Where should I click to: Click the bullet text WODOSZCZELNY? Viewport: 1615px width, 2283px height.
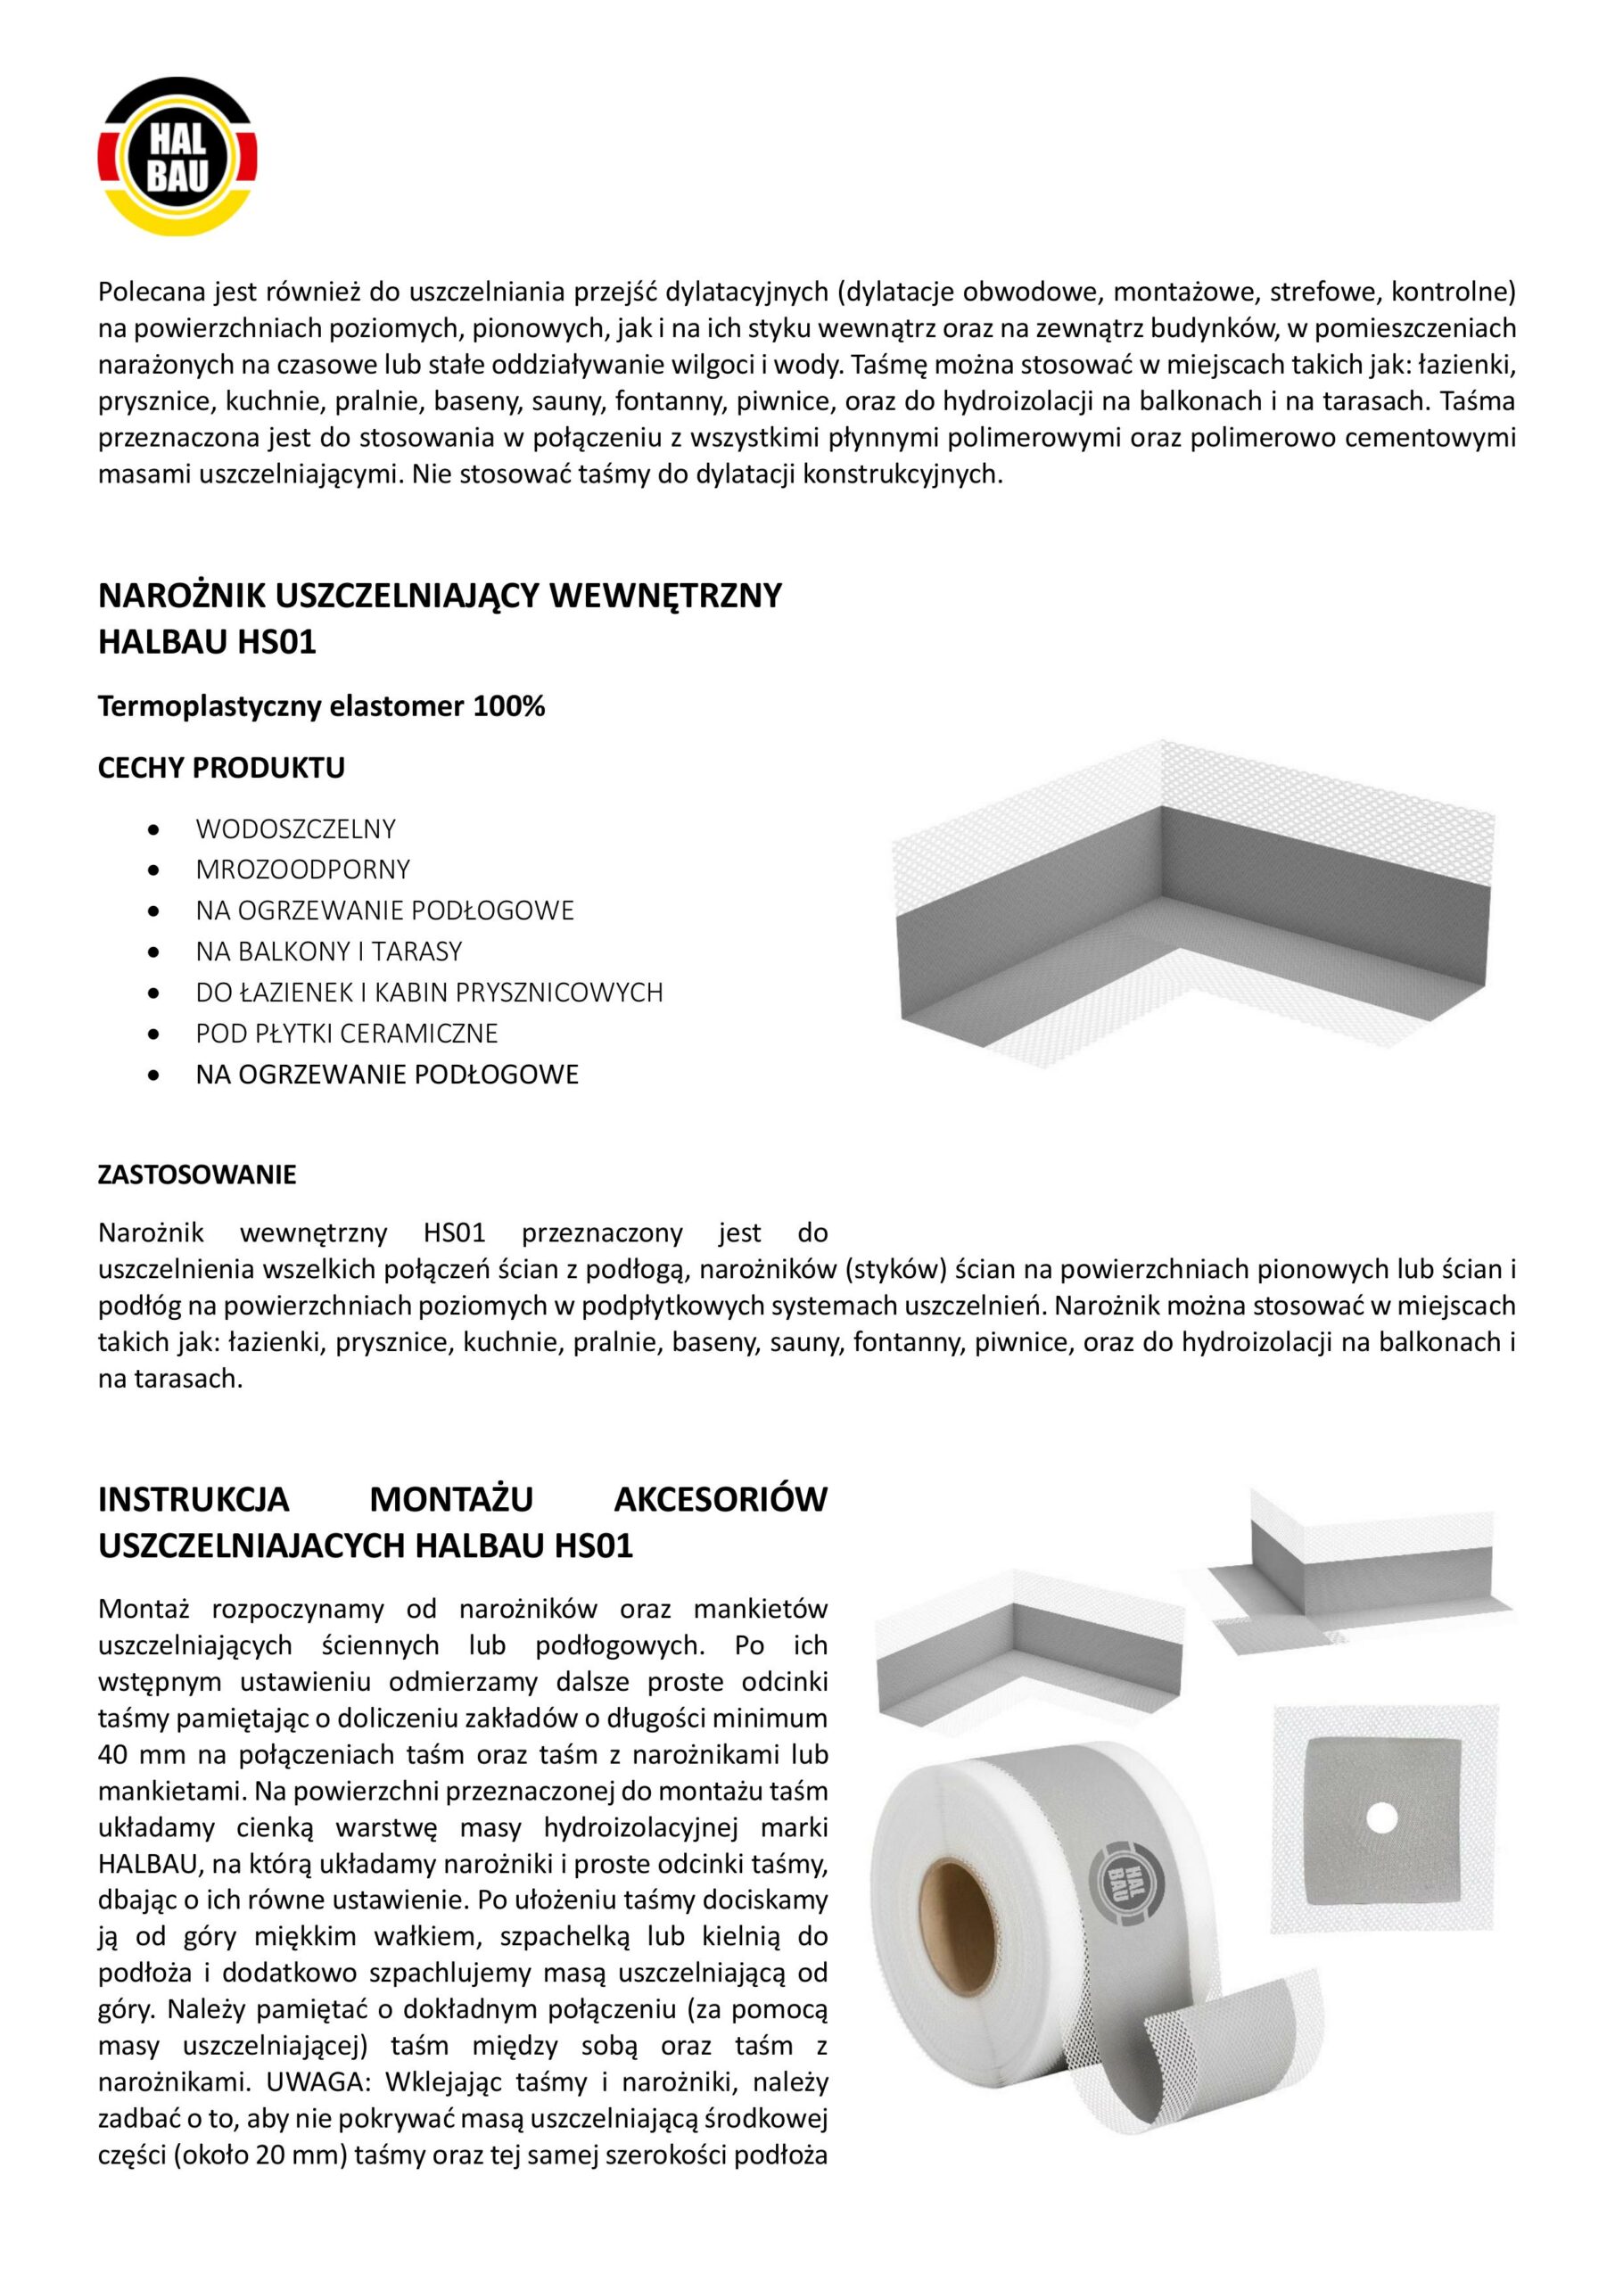pos(295,828)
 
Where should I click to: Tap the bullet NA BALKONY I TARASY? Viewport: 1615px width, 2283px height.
pos(329,951)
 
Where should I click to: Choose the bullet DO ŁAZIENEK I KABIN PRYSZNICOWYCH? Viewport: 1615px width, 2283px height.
pos(429,992)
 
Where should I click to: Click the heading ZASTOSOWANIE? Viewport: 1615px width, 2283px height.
pos(197,1174)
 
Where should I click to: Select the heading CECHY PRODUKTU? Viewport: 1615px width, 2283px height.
pos(221,768)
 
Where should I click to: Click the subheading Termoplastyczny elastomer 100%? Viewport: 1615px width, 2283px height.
pos(321,707)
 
